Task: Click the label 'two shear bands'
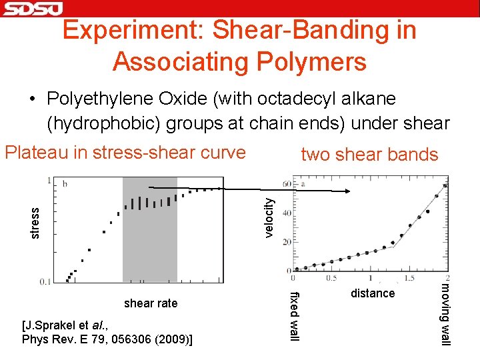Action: (x=369, y=155)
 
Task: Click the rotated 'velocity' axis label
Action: (x=269, y=215)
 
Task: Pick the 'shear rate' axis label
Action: (x=151, y=303)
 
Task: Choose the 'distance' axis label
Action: (x=373, y=293)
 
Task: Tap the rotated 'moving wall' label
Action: (x=447, y=314)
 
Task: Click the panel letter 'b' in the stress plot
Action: (x=65, y=183)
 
